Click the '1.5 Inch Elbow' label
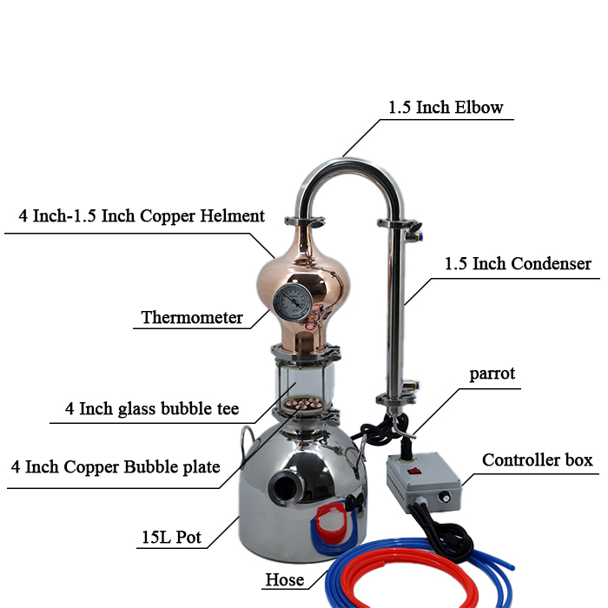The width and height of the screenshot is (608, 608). (446, 108)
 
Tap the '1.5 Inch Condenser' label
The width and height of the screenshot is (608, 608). (518, 263)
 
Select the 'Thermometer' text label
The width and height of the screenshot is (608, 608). (192, 318)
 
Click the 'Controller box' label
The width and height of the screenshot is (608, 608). (538, 459)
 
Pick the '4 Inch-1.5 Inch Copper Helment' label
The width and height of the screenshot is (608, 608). (142, 215)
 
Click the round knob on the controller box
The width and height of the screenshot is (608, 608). (445, 498)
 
